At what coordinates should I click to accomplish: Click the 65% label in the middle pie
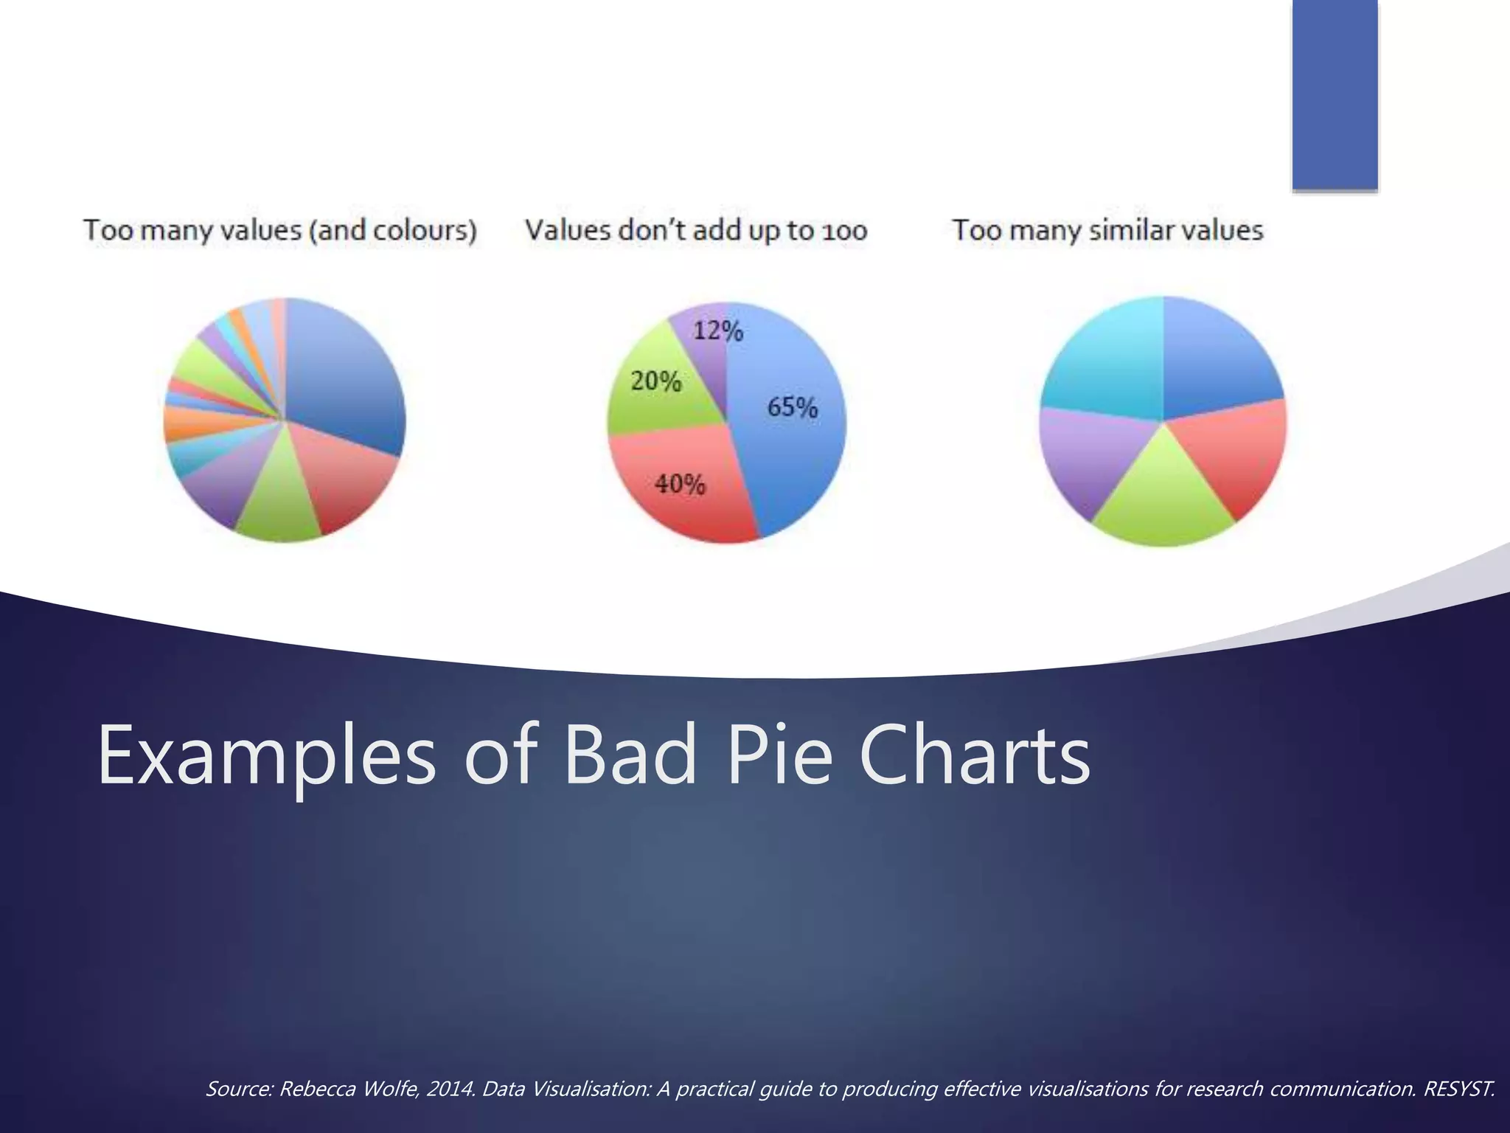tap(793, 407)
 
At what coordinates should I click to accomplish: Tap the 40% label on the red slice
tap(680, 485)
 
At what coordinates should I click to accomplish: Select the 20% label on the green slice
tap(655, 381)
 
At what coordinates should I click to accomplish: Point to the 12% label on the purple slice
tap(717, 330)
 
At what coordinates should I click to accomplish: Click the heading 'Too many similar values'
tap(1107, 230)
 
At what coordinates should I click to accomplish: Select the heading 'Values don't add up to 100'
tap(695, 230)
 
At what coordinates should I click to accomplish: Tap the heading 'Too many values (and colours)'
tap(280, 230)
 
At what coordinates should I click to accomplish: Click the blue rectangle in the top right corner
tap(1335, 94)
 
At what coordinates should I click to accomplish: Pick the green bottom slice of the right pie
tap(1163, 502)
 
